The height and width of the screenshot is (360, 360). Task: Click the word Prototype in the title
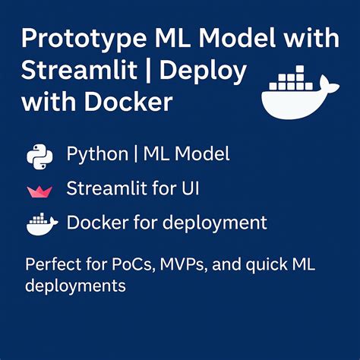point(84,39)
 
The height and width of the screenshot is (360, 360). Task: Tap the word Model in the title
point(237,38)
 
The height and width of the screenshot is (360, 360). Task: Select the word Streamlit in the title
point(79,70)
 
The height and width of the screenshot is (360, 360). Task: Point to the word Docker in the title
point(128,102)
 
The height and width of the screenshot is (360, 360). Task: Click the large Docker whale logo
point(300,92)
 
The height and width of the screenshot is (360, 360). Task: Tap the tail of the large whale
point(329,85)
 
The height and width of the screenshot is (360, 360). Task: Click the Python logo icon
point(39,156)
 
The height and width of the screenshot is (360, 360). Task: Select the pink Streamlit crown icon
point(39,191)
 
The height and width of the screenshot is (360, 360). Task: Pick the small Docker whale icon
point(42,224)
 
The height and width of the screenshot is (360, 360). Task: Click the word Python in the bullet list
point(97,155)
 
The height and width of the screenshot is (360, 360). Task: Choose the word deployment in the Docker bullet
point(215,223)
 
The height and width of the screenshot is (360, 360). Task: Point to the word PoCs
point(133,265)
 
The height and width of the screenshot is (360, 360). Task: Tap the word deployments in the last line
point(75,286)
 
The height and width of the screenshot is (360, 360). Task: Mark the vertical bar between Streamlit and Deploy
point(149,71)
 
